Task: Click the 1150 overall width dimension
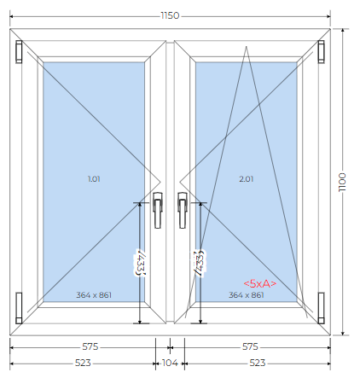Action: click(170, 15)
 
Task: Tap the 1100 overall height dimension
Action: click(342, 182)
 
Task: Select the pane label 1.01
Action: click(94, 179)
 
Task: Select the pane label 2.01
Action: click(247, 179)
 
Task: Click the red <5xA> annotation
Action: click(260, 283)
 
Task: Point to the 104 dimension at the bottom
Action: click(170, 363)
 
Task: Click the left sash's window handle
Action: click(158, 210)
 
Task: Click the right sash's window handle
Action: click(183, 210)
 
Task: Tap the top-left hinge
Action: click(19, 51)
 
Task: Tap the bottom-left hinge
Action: click(19, 308)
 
